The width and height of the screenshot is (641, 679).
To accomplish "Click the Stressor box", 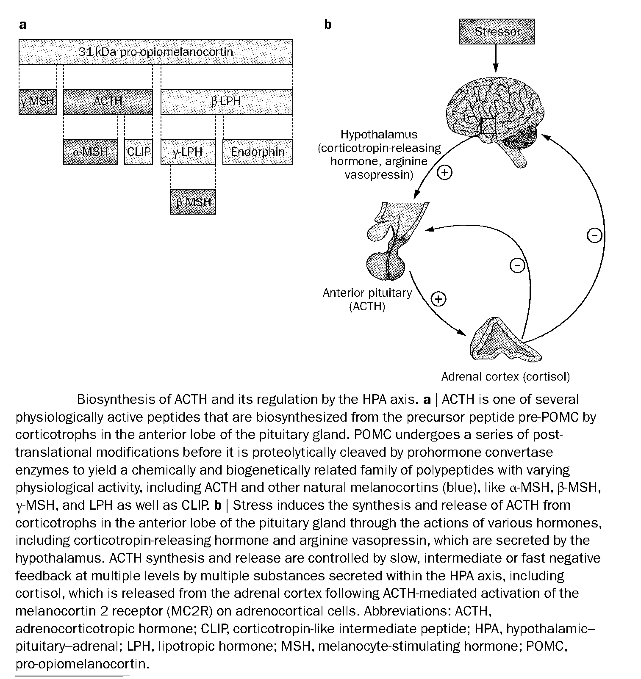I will point(497,32).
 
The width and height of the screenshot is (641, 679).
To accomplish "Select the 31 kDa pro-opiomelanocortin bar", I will point(155,52).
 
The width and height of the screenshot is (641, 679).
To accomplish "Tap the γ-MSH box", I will point(38,102).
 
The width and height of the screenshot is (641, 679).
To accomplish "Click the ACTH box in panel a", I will point(108,102).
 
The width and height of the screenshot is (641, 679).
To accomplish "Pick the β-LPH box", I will point(226,102).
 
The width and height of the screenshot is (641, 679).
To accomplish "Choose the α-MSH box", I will point(90,152).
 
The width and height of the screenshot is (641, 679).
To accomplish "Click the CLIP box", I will point(139,152).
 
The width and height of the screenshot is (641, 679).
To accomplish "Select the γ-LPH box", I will point(188,152).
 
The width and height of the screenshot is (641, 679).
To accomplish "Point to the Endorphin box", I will point(258,152).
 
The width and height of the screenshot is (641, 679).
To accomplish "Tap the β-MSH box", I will point(193,201).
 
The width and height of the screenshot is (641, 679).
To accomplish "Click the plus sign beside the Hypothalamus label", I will point(444,173).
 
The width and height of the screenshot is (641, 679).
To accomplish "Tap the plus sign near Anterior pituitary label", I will point(438,299).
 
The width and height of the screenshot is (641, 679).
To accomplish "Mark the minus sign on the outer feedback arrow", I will point(595,235).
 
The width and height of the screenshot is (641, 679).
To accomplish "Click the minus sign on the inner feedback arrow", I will point(517,265).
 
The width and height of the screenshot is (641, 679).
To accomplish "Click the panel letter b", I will point(327,25).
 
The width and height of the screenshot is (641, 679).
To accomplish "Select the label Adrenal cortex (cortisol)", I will point(505,376).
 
